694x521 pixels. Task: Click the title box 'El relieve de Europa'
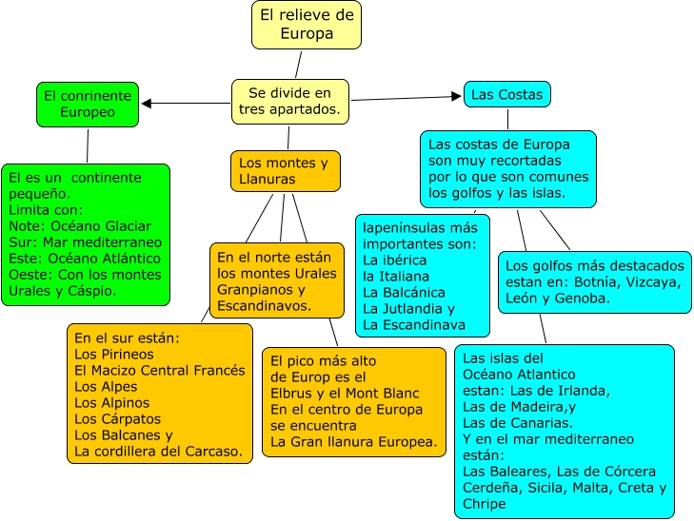point(306,25)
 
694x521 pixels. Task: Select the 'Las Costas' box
point(507,95)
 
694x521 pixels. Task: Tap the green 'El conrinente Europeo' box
point(88,104)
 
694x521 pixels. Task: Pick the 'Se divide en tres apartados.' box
point(290,102)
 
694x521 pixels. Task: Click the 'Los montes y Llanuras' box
point(285,171)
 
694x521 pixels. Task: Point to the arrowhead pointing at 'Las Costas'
point(456,95)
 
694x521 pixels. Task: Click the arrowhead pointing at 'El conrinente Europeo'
point(147,103)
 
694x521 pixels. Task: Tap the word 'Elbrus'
point(294,394)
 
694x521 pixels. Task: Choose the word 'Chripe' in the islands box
point(486,504)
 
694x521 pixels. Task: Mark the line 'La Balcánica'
point(404,293)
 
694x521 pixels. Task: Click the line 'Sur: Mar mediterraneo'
point(84,242)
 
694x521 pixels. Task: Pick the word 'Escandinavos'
point(263,306)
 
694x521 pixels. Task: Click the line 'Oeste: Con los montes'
point(84,275)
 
